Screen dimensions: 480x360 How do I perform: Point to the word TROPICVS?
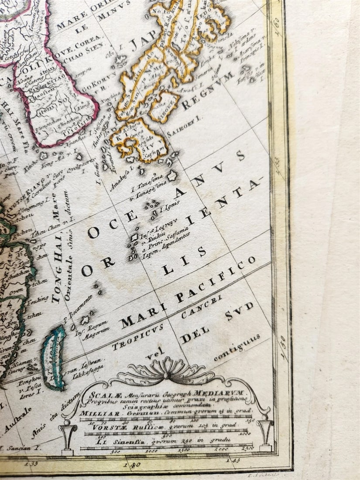pos(137,336)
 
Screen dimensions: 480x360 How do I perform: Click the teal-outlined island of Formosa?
pos(53,356)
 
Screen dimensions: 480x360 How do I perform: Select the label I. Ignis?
pos(168,209)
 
